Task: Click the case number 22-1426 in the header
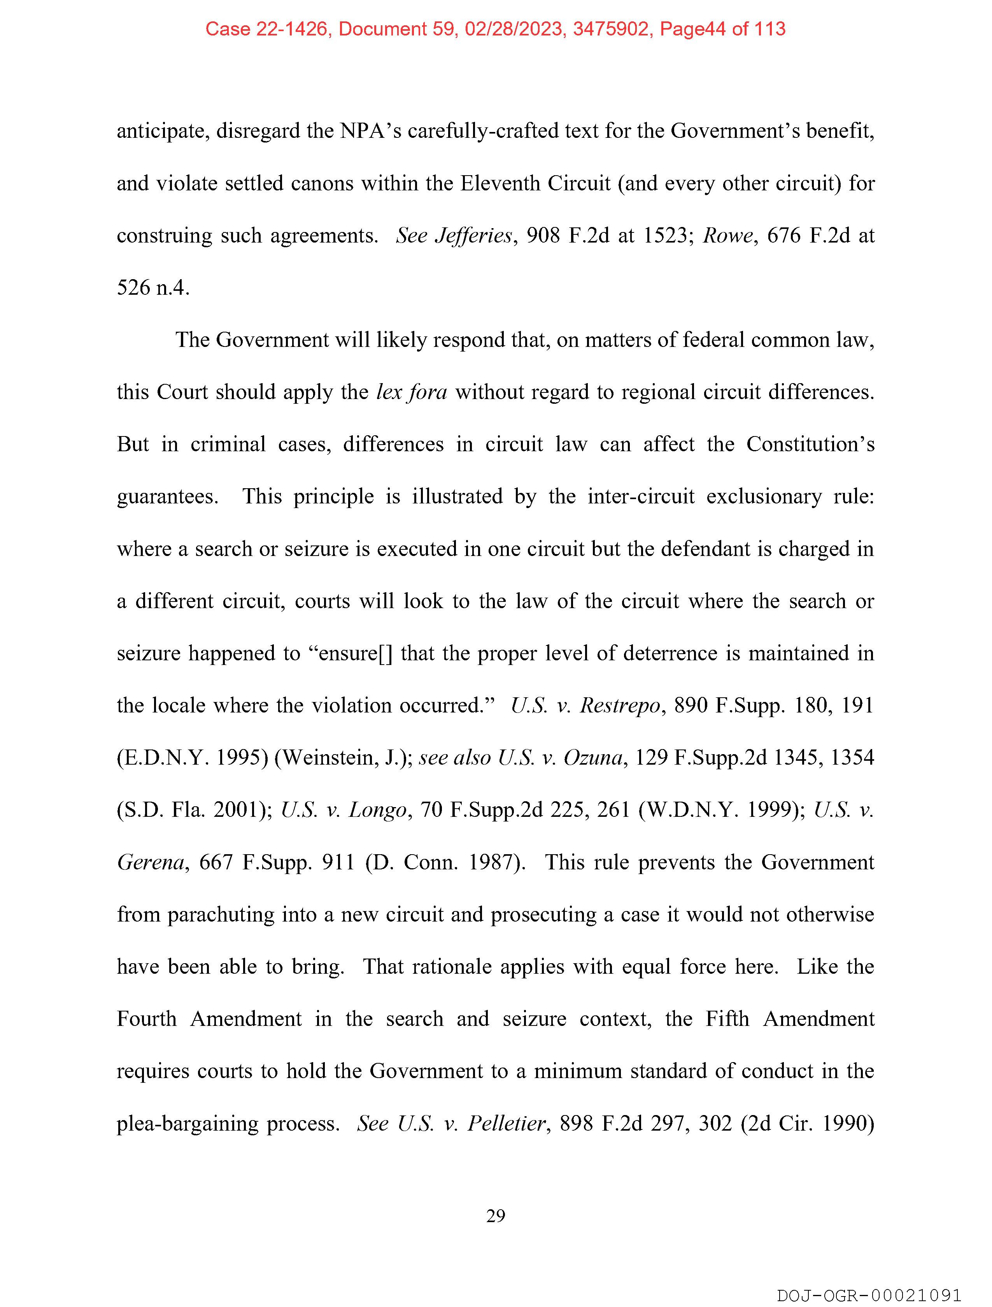pyautogui.click(x=292, y=29)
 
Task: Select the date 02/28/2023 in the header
pyautogui.click(x=513, y=29)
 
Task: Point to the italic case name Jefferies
pyautogui.click(x=473, y=236)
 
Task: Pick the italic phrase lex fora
pyautogui.click(x=412, y=392)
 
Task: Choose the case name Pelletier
pyautogui.click(x=506, y=1122)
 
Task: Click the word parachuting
pyautogui.click(x=221, y=914)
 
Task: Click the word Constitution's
pyautogui.click(x=810, y=444)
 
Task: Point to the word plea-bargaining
pyautogui.click(x=187, y=1122)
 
